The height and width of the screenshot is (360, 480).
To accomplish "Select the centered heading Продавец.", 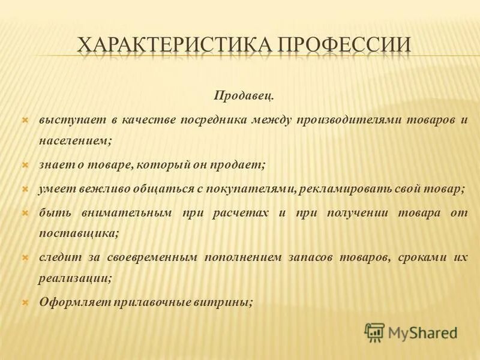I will pyautogui.click(x=244, y=96).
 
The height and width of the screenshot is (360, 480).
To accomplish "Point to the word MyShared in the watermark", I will pyautogui.click(x=422, y=331).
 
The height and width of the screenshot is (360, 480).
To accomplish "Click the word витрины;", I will pyautogui.click(x=230, y=303).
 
